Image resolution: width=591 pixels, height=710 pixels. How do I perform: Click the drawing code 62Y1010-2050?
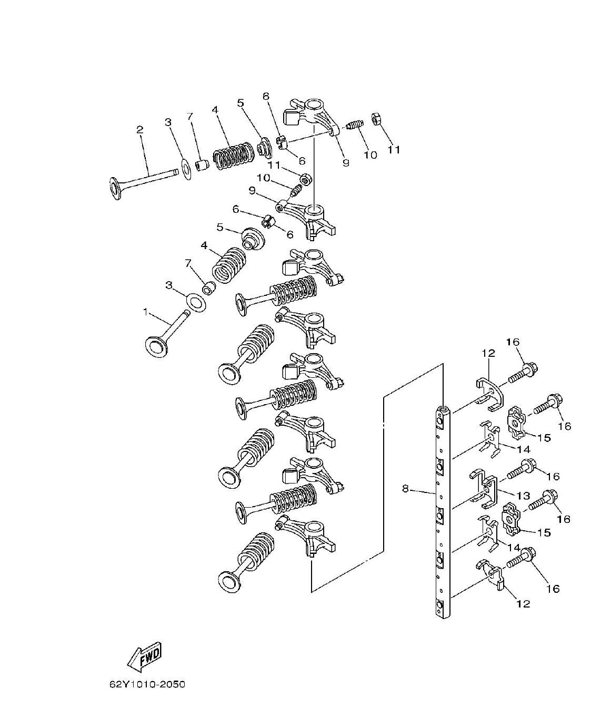click(147, 685)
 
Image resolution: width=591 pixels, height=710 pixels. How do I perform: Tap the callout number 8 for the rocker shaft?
click(405, 489)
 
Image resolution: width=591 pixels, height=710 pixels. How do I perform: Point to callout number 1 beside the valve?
click(146, 312)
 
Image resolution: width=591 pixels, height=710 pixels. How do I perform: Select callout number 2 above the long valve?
click(140, 129)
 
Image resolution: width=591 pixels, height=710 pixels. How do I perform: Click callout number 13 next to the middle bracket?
click(523, 496)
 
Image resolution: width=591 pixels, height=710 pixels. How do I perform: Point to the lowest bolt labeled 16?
click(522, 559)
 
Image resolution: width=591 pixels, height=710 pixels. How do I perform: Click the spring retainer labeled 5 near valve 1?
click(253, 239)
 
